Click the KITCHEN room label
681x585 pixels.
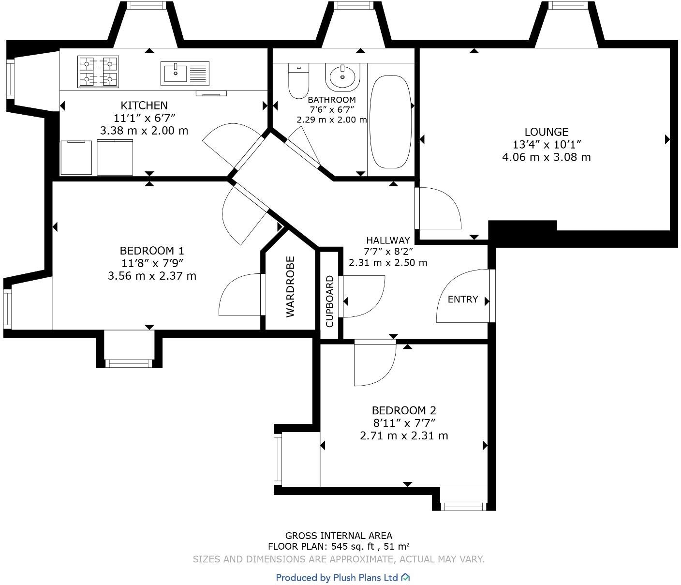pos(144,105)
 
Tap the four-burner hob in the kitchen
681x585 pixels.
pos(98,71)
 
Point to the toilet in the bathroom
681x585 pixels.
pos(298,81)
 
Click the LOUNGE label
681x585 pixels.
pos(546,132)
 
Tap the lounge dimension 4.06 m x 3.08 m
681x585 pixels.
pos(546,157)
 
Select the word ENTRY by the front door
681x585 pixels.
pos(462,300)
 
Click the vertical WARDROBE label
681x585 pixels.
pos(290,287)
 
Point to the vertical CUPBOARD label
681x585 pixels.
pos(330,301)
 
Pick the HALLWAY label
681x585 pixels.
pos(388,240)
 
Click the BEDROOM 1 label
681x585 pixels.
pos(151,251)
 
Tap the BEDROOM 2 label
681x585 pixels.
pos(404,410)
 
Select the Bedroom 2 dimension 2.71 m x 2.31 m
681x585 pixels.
pos(404,436)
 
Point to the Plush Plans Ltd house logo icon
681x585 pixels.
pos(405,577)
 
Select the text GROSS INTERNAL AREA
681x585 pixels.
pos(339,536)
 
